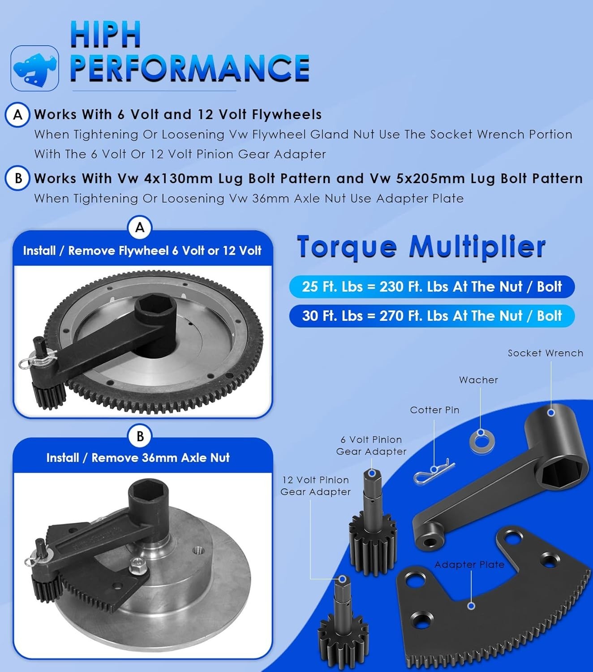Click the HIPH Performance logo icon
[35, 68]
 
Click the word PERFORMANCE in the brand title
[189, 68]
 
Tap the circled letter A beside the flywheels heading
[17, 115]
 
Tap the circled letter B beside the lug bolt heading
[17, 178]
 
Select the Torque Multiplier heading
[421, 246]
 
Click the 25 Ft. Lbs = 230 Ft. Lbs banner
[431, 287]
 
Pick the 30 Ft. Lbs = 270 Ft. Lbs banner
[431, 316]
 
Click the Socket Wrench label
[545, 353]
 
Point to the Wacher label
[478, 380]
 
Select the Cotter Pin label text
[434, 410]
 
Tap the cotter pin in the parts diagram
[433, 472]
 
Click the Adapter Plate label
[469, 564]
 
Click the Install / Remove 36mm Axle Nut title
[138, 458]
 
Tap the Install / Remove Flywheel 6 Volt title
[142, 250]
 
